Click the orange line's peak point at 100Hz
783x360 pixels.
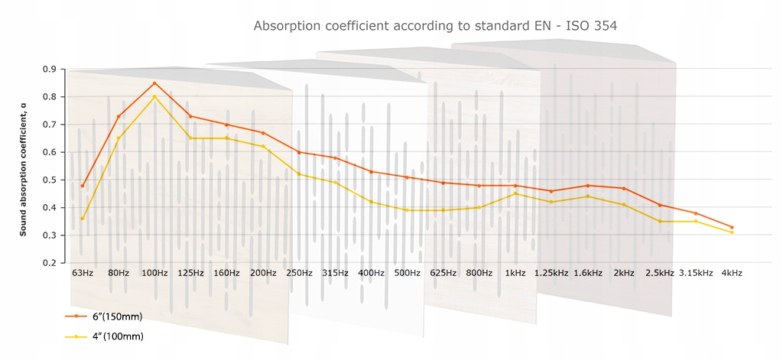(x=154, y=83)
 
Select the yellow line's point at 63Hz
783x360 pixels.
(x=83, y=219)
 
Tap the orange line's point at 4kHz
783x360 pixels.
(x=732, y=227)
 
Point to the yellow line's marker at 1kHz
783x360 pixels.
(x=515, y=193)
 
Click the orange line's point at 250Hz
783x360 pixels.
(x=299, y=152)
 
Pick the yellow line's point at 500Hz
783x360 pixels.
(x=407, y=210)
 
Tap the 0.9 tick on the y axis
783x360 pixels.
(x=49, y=70)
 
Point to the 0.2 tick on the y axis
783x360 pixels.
(x=49, y=263)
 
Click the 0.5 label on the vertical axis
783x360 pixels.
(x=49, y=180)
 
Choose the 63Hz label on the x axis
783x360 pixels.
(x=83, y=273)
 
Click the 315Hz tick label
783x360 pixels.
(x=335, y=273)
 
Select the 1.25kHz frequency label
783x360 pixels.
(x=551, y=273)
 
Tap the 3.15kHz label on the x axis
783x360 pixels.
(x=696, y=273)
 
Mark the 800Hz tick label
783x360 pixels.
(x=479, y=273)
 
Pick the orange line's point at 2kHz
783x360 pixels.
(x=623, y=188)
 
